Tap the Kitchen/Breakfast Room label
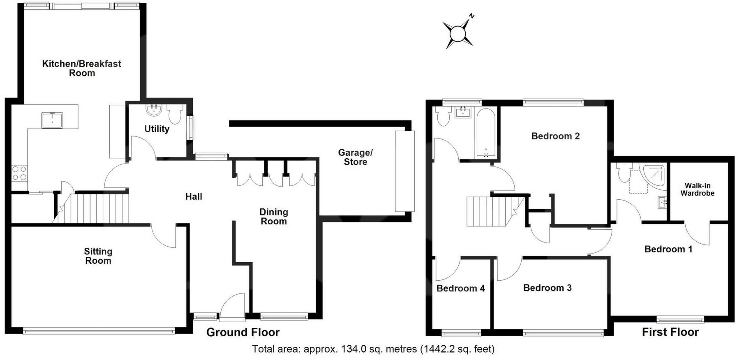[82, 68]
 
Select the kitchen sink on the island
[52, 119]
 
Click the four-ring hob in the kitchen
[18, 173]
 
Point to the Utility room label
[157, 129]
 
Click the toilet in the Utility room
[175, 114]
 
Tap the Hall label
[194, 196]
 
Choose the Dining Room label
[274, 217]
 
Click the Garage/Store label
[355, 157]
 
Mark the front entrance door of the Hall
[232, 306]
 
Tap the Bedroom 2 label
[555, 136]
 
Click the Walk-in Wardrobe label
[697, 189]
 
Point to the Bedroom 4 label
[460, 288]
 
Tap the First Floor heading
[670, 332]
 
